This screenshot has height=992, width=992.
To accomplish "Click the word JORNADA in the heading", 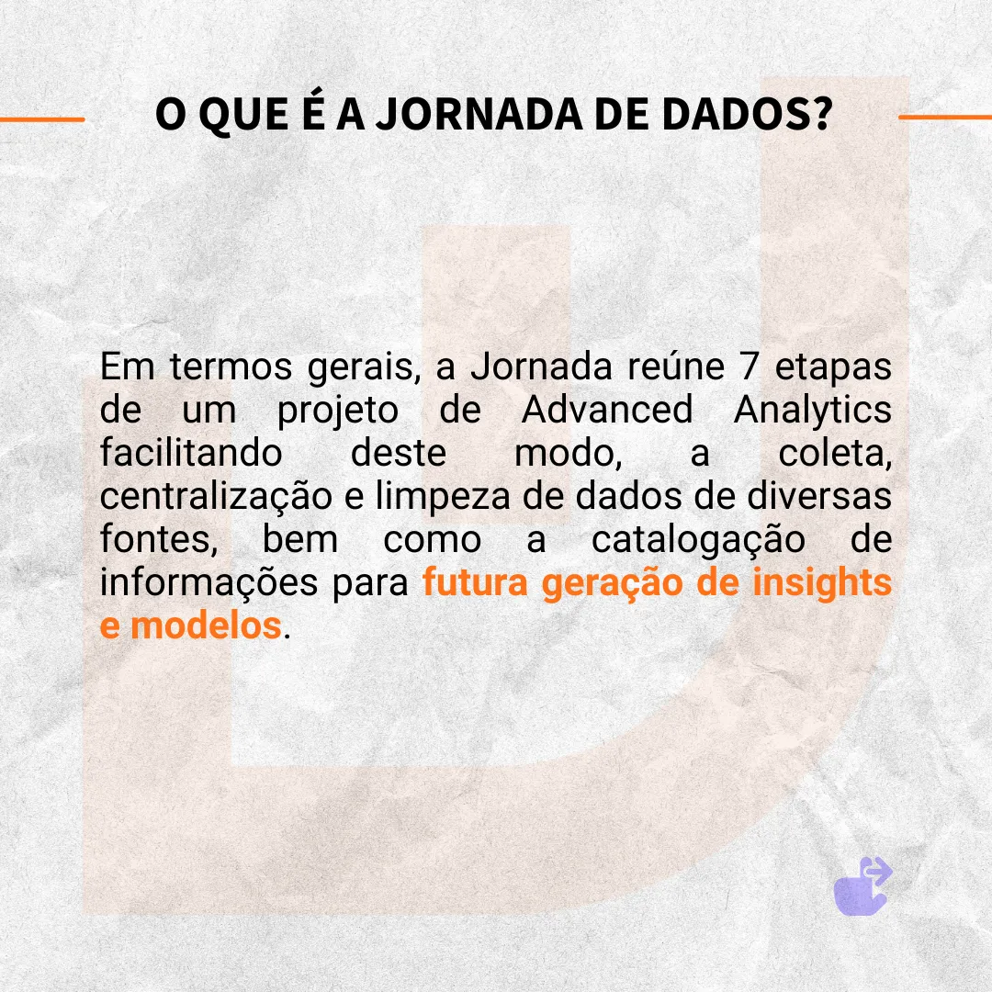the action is pyautogui.click(x=479, y=115).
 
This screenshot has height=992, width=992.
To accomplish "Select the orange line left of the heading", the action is pyautogui.click(x=41, y=118).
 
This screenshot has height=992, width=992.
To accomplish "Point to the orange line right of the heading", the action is pyautogui.click(x=945, y=117).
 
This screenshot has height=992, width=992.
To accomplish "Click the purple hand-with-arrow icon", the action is pyautogui.click(x=862, y=886).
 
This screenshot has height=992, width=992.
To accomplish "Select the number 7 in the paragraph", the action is pyautogui.click(x=750, y=366).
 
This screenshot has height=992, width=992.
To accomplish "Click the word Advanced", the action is pyautogui.click(x=607, y=410).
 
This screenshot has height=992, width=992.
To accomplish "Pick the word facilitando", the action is pyautogui.click(x=191, y=452).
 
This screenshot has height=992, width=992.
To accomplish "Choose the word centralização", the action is pyautogui.click(x=216, y=497).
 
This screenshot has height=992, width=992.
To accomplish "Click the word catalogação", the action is pyautogui.click(x=698, y=541).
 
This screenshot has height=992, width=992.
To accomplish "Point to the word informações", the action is pyautogui.click(x=209, y=583).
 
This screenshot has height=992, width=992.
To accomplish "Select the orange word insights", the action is pyautogui.click(x=822, y=583).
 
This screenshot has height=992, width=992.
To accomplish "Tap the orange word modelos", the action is pyautogui.click(x=206, y=626).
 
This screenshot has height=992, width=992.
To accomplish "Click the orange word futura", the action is pyautogui.click(x=475, y=582).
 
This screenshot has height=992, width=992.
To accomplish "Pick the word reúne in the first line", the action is pyautogui.click(x=676, y=366).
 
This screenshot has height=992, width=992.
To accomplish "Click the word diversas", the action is pyautogui.click(x=819, y=495).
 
